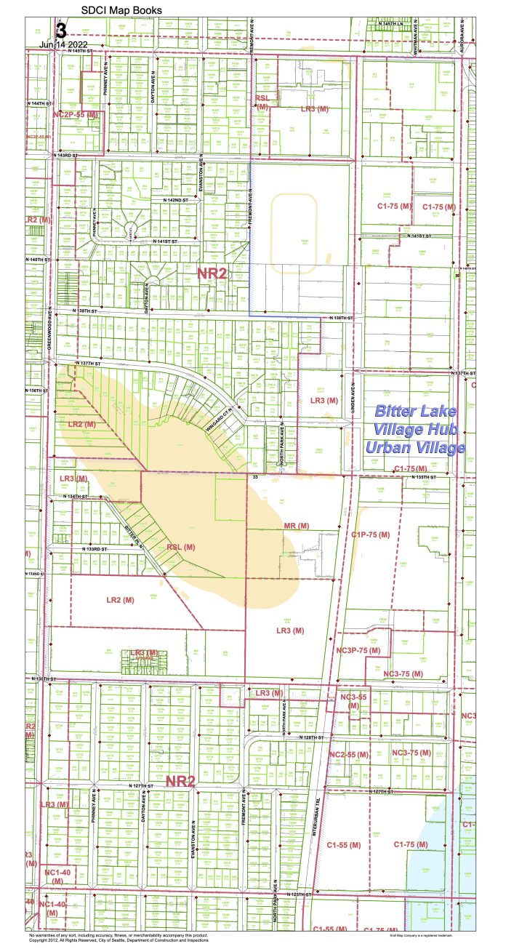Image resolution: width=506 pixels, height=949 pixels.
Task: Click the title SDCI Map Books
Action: (121, 10)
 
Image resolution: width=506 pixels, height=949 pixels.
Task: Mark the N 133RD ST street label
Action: (95, 548)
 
